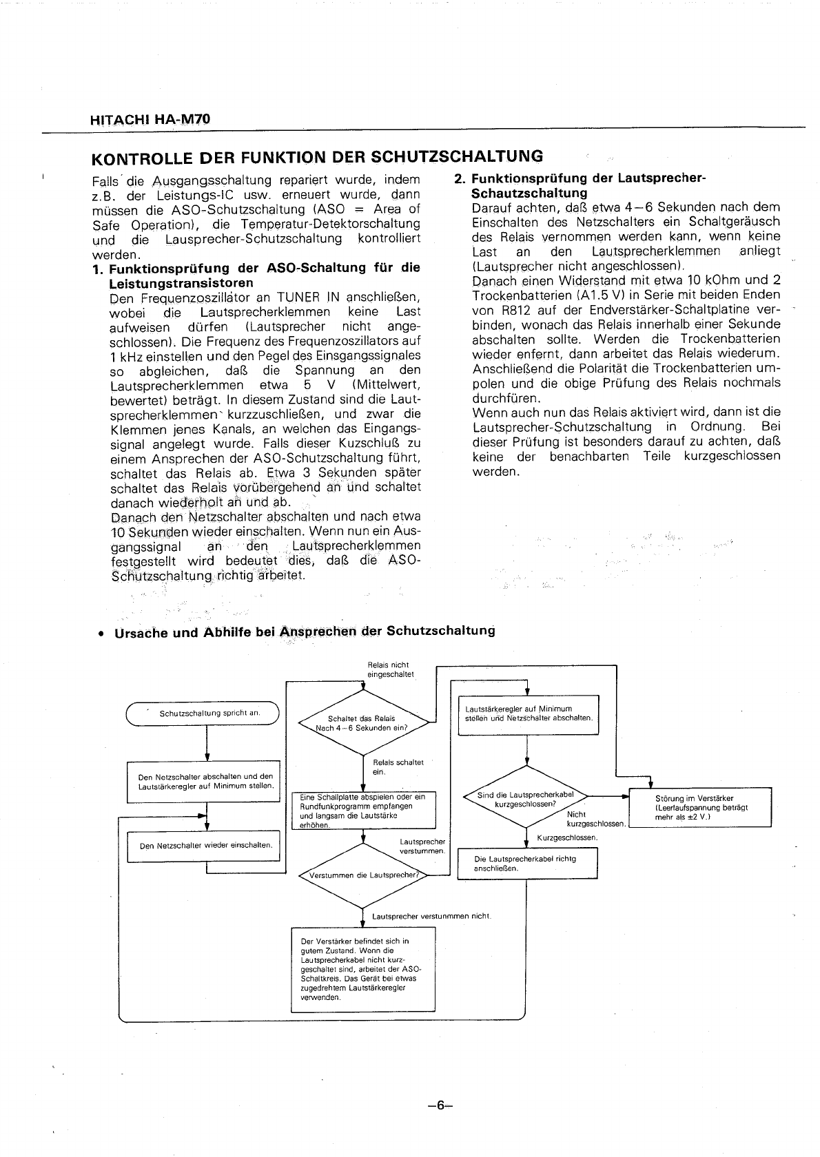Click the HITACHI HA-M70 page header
point(150,119)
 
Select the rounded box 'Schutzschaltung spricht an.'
point(202,713)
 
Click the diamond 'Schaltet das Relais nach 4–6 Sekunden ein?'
point(362,722)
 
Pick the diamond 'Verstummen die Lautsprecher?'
point(362,876)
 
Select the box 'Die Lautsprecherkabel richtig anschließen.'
point(527,864)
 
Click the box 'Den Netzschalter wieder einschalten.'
point(205,846)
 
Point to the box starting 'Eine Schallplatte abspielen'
point(363,811)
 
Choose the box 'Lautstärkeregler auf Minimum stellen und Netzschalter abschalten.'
point(528,713)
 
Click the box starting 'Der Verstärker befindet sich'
point(363,968)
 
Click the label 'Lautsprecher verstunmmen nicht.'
point(431,916)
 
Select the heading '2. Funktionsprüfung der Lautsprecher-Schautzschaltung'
point(586,186)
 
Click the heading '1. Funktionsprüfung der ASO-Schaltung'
point(256,275)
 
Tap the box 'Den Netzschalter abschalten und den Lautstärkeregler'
point(205,781)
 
